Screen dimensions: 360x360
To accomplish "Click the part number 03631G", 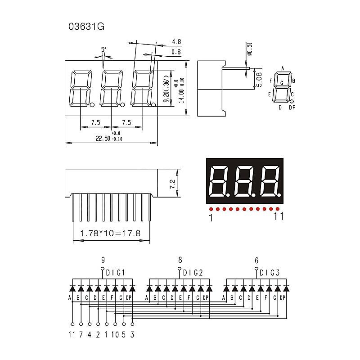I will pos(86,26).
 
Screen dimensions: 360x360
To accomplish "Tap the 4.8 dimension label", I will pos(176,42).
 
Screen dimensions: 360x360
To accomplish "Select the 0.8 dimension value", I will pos(176,52).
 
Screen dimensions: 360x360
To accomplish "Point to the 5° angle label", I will pos(103,49).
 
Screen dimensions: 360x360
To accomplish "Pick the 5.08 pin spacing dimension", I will pos(258,79).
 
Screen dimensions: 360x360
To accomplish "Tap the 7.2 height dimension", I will pos(171,184).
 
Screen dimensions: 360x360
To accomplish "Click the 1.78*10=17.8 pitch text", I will pos(110,234).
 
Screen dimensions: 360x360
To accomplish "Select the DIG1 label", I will pos(115,273).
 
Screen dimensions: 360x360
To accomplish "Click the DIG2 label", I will pos(193,273).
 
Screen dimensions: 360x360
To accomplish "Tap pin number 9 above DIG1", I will pos(103,260).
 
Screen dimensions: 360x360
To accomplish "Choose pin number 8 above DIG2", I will pos(180,260).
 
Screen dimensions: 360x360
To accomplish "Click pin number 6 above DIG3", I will pos(256,260).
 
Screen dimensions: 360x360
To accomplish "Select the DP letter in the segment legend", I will pos(292,108).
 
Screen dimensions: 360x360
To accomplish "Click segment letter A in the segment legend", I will pos(283,68).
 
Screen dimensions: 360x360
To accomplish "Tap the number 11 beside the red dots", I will pos(279,217).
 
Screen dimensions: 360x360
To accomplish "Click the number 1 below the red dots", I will pos(210,218).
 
